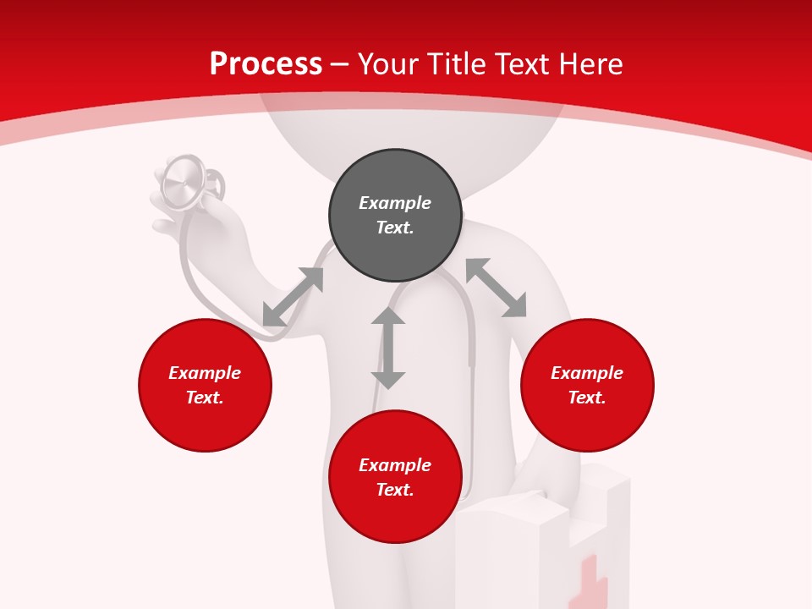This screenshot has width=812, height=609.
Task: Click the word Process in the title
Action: (x=266, y=64)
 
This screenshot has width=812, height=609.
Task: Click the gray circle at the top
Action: (x=395, y=216)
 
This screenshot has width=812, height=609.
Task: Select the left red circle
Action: (x=205, y=386)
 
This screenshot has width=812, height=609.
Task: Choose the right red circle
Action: (x=587, y=386)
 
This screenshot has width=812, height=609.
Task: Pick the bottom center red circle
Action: (x=395, y=477)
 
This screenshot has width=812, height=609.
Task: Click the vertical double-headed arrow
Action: (x=388, y=348)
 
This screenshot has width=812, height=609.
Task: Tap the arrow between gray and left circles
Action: (x=293, y=297)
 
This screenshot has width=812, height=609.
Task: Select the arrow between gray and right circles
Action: (x=496, y=288)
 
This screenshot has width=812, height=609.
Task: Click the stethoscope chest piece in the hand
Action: (x=184, y=181)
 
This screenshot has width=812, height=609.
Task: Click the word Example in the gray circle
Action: (x=395, y=203)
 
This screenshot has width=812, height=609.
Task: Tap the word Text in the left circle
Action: (x=204, y=398)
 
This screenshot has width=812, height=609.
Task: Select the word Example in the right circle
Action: (x=587, y=373)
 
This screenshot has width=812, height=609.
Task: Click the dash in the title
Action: (x=340, y=64)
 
